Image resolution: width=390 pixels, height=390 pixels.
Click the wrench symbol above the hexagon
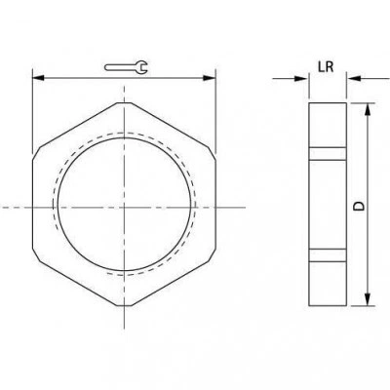click(126, 67)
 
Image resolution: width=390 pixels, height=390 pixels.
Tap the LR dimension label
click(326, 67)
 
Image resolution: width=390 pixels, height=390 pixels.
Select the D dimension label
click(359, 206)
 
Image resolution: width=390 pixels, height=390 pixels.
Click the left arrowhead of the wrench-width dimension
click(38, 78)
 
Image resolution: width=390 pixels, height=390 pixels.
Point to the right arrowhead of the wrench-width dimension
click(209, 78)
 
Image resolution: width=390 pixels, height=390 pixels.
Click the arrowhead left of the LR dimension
click(300, 78)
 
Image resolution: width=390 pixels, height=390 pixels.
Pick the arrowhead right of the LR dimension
click(354, 78)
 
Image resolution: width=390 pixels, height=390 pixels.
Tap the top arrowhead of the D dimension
click(368, 110)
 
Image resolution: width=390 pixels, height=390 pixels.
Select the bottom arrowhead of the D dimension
click(368, 299)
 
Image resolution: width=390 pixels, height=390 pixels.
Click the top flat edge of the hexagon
click(125, 102)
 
